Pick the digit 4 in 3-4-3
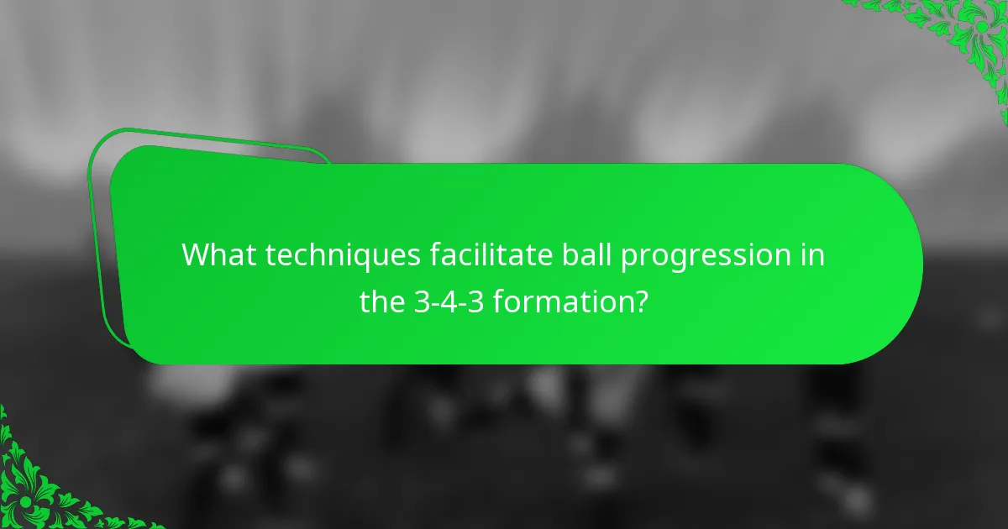(449, 301)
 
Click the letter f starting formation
(498, 301)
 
